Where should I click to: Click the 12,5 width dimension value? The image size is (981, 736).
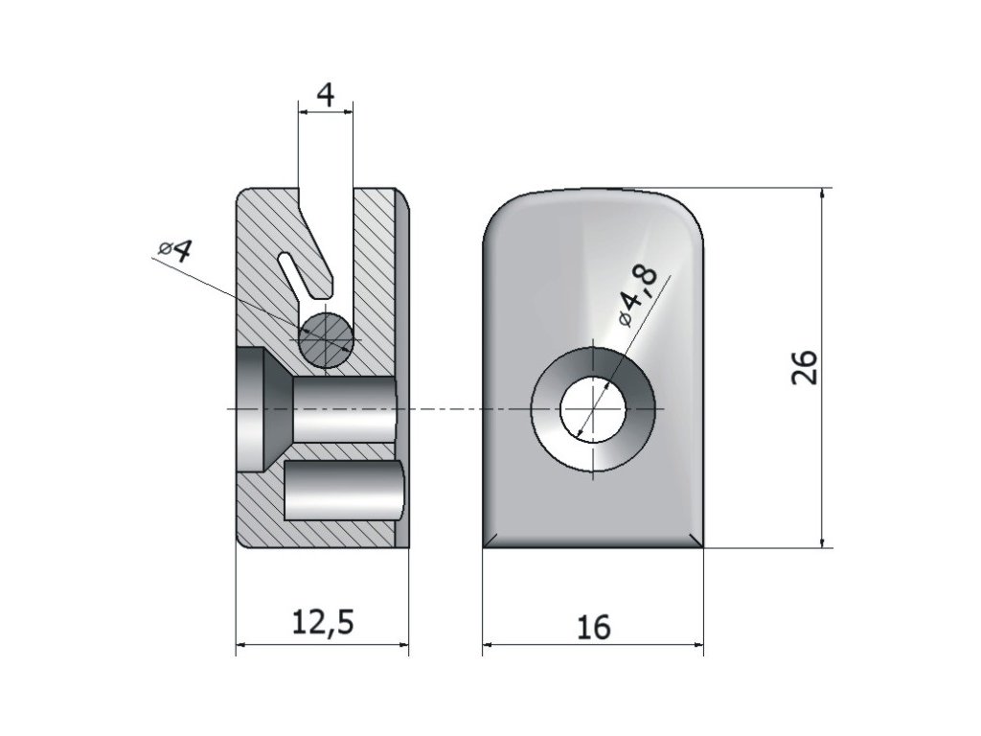[x=322, y=623]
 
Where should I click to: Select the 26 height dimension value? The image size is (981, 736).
[x=805, y=366]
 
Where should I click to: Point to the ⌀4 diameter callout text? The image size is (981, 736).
[x=175, y=251]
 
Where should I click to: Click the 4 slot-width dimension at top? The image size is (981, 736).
[x=326, y=95]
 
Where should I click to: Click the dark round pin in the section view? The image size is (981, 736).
[x=326, y=338]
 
